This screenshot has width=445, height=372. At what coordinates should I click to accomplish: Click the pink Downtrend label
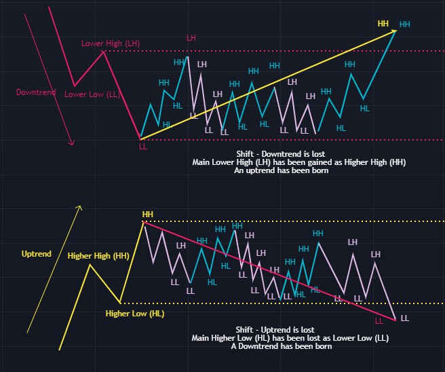(35, 92)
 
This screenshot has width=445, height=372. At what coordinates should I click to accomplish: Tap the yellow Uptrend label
(37, 253)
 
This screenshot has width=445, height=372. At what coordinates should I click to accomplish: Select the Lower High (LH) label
(111, 43)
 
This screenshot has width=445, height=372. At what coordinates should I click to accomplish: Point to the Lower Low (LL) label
(92, 94)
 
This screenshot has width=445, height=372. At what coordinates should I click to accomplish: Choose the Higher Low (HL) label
(135, 314)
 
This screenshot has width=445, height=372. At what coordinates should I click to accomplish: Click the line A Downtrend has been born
(281, 346)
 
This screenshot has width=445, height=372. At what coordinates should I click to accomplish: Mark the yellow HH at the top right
(383, 24)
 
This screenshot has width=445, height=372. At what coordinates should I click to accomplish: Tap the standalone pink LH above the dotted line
(192, 38)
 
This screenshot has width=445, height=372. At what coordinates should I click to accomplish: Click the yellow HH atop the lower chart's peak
(147, 215)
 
